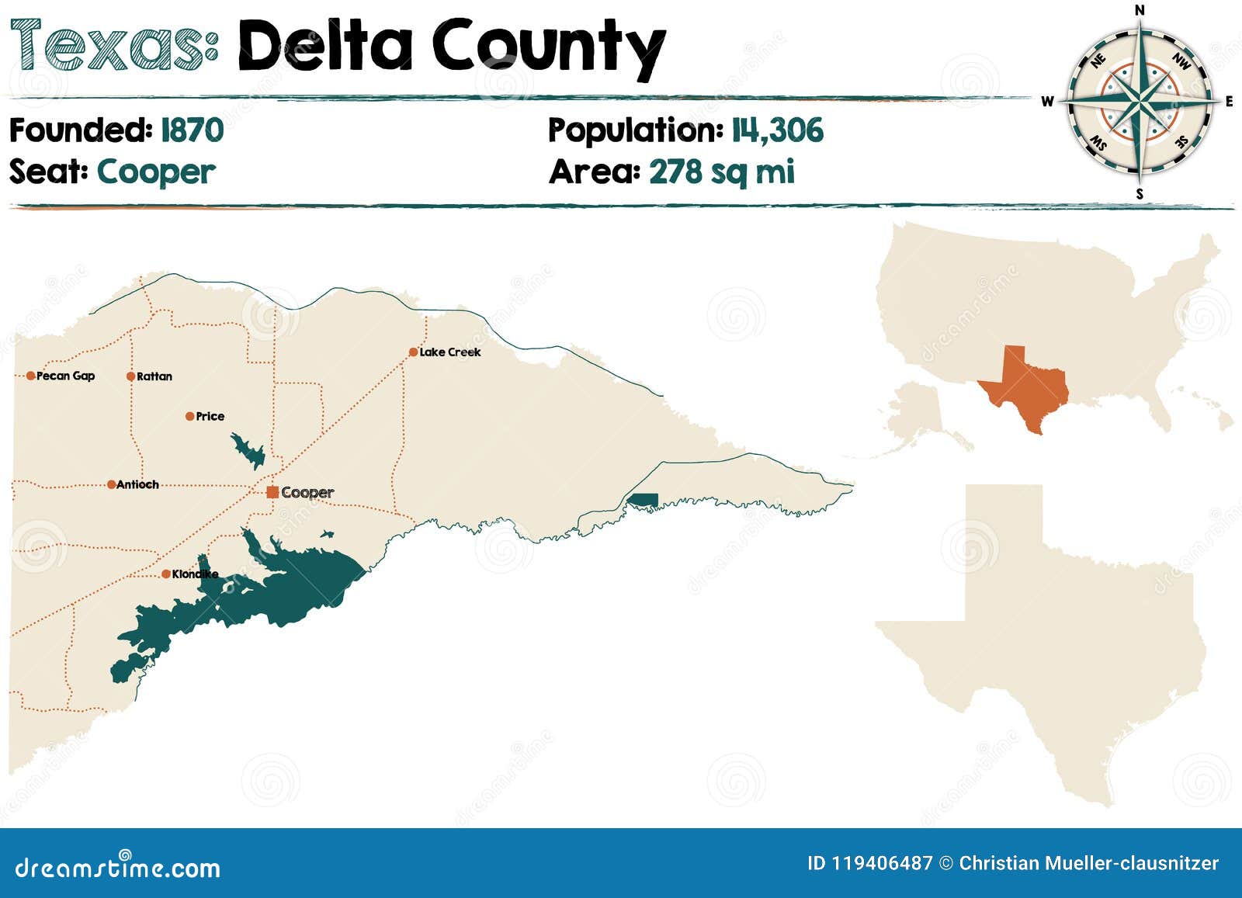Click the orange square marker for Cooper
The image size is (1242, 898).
pos(272,492)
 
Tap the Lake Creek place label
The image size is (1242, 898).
pos(449,352)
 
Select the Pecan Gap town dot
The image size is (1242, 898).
pos(30,376)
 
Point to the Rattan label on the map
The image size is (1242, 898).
pos(154,376)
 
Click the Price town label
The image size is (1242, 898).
pos(210,417)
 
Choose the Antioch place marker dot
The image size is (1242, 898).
pos(112,484)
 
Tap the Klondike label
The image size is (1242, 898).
pos(194,574)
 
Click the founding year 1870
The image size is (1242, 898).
pos(192,130)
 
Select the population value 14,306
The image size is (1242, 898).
pos(777,130)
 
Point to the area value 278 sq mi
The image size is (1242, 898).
pos(721,172)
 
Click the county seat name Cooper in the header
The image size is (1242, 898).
pos(156,172)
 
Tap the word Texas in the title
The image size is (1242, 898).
pos(113,45)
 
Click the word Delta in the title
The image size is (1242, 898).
pos(324,47)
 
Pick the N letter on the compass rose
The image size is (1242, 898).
pos(1140,10)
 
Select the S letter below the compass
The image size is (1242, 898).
pos(1140,194)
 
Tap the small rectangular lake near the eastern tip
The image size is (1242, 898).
pos(643,500)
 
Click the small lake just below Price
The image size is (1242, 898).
pos(248,451)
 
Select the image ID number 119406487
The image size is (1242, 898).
pos(882,863)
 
